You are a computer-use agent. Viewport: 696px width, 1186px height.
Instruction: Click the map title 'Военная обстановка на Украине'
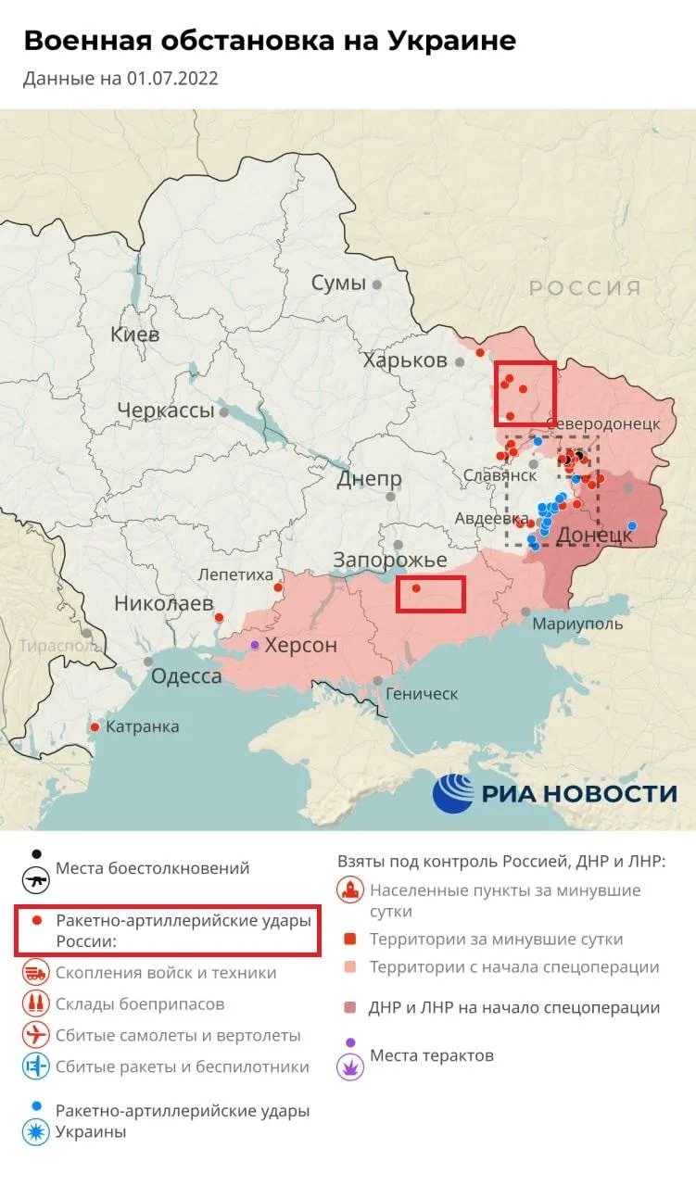(x=269, y=41)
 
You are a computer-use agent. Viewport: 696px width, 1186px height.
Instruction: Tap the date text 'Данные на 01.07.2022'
(x=120, y=78)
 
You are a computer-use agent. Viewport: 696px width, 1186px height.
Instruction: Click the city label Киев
(x=134, y=334)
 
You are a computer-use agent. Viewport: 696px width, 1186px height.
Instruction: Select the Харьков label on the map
(x=405, y=360)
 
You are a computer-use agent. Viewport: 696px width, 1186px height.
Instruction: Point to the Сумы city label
(x=338, y=284)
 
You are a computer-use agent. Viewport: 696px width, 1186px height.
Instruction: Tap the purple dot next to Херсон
(x=255, y=644)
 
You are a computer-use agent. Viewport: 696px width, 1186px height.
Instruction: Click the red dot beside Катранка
(x=95, y=727)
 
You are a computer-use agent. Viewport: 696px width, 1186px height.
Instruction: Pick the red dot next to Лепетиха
(x=278, y=587)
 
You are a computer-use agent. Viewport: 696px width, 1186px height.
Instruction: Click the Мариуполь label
(x=577, y=625)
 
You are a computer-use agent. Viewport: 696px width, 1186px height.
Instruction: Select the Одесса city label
(x=186, y=676)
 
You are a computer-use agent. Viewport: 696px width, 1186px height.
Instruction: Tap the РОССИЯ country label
(x=585, y=288)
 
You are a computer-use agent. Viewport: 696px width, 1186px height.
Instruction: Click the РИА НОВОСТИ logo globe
(x=453, y=793)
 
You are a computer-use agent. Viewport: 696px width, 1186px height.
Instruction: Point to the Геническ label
(x=422, y=693)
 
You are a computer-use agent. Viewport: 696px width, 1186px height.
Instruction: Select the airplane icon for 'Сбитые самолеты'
(x=36, y=1035)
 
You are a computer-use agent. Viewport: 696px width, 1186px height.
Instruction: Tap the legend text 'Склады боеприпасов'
(x=139, y=1004)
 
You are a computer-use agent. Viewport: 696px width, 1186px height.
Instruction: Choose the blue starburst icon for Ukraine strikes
(x=36, y=1132)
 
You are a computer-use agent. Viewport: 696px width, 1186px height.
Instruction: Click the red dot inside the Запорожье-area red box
(x=416, y=588)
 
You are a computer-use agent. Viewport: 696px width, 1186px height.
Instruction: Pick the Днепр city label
(x=369, y=479)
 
